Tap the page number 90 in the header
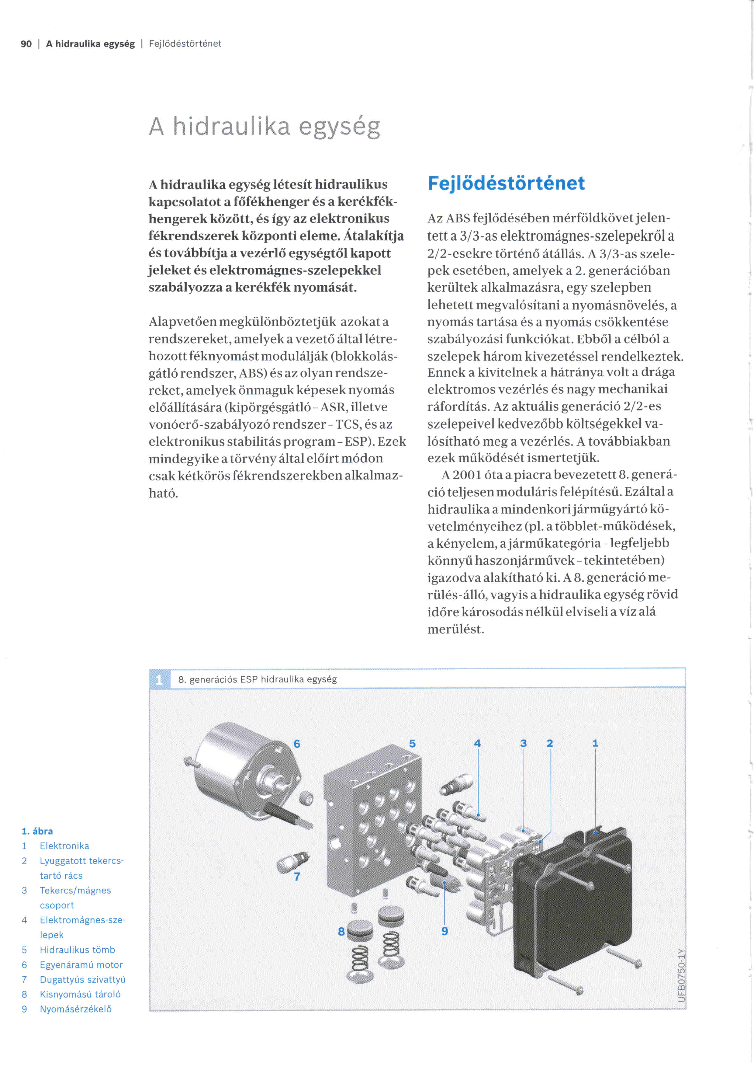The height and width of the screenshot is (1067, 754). (x=26, y=44)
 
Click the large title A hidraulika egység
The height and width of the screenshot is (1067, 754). (x=265, y=126)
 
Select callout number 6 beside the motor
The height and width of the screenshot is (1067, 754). (x=297, y=744)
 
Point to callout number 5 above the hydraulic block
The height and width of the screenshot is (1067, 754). (x=412, y=744)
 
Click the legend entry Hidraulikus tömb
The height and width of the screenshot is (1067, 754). (x=77, y=950)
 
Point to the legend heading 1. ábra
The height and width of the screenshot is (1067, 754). (x=37, y=831)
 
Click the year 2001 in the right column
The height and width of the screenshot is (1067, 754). (x=467, y=475)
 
